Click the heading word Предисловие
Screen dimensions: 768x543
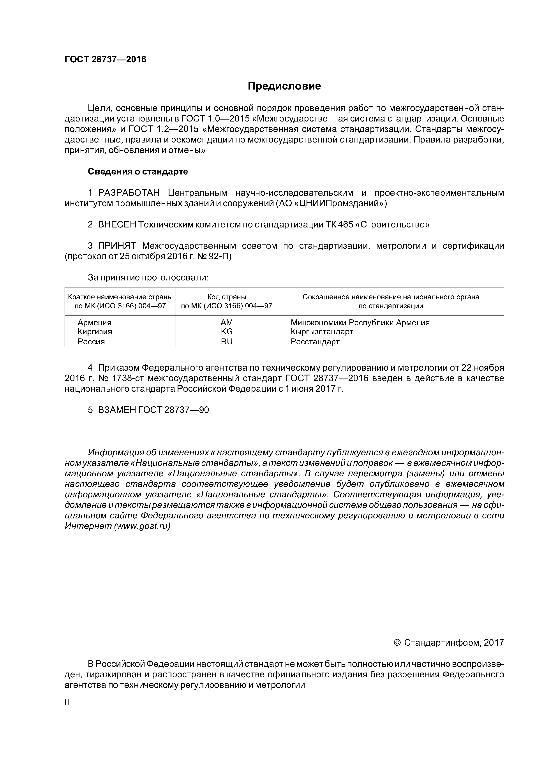[x=284, y=86]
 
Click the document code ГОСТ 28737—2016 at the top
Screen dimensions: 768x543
[x=105, y=60]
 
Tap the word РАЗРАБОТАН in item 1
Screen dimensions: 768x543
[x=129, y=193]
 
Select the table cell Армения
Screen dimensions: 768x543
[x=94, y=322]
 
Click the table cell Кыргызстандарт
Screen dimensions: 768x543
[x=321, y=331]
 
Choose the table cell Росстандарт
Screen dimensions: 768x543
[x=315, y=342]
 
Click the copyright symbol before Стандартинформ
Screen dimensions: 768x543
[x=397, y=643]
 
